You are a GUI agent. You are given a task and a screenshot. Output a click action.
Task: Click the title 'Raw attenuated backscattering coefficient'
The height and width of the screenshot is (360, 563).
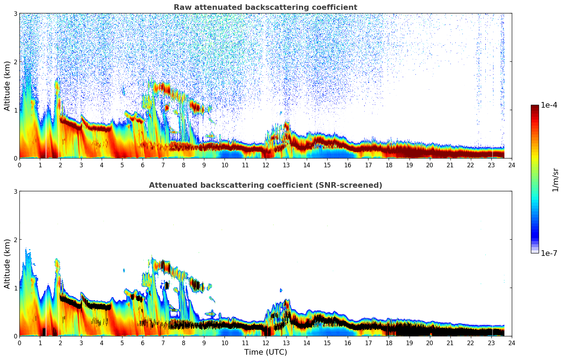265,7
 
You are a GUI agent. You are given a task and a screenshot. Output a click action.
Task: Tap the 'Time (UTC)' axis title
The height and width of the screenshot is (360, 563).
265,352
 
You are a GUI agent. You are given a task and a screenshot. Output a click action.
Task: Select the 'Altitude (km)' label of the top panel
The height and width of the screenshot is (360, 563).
7,86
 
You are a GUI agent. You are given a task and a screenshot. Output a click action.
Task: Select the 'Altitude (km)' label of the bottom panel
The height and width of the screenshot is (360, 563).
7,264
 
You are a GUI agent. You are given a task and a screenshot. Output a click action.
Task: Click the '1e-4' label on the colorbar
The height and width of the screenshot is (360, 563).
549,105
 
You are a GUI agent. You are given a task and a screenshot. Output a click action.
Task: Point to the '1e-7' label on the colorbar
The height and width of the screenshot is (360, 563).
549,253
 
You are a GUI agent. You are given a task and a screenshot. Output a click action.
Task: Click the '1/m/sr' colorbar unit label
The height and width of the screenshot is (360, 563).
555,179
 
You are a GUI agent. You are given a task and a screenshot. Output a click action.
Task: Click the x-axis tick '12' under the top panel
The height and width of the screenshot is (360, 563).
265,165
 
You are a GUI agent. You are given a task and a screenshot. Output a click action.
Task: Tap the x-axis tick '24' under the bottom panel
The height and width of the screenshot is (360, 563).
511,343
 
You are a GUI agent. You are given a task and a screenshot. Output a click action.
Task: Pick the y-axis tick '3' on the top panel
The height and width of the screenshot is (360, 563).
16,13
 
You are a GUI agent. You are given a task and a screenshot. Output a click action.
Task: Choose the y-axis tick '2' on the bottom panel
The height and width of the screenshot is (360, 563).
16,240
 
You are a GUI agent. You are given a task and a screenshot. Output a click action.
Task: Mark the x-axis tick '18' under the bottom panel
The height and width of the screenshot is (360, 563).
389,343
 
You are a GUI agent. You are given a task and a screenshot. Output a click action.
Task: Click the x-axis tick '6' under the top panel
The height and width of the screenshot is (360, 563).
143,165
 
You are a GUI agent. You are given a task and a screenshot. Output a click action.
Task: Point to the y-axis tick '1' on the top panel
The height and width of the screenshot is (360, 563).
16,110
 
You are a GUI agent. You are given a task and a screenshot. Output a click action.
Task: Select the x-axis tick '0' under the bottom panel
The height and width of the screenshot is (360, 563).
19,343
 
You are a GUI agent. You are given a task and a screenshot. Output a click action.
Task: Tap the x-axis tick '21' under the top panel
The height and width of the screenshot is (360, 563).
450,165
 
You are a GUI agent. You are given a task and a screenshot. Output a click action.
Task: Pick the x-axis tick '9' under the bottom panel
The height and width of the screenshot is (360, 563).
204,343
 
